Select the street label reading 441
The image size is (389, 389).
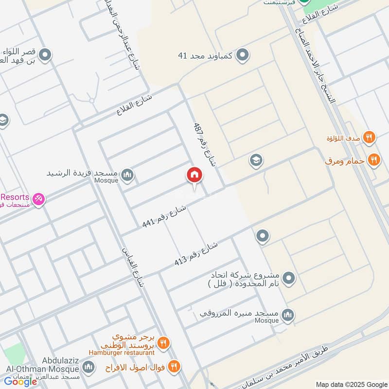(x=164, y=216)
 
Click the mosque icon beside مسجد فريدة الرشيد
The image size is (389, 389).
(x=127, y=175)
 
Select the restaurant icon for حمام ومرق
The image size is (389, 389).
(x=373, y=159)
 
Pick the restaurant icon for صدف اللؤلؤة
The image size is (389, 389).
(x=370, y=138)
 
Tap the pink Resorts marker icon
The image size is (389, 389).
(x=38, y=199)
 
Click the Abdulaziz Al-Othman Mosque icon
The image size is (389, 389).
(x=88, y=366)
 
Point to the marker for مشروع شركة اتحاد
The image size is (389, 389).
(x=289, y=279)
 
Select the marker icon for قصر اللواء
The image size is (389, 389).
(x=45, y=55)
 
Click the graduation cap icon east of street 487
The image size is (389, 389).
(x=256, y=160)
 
